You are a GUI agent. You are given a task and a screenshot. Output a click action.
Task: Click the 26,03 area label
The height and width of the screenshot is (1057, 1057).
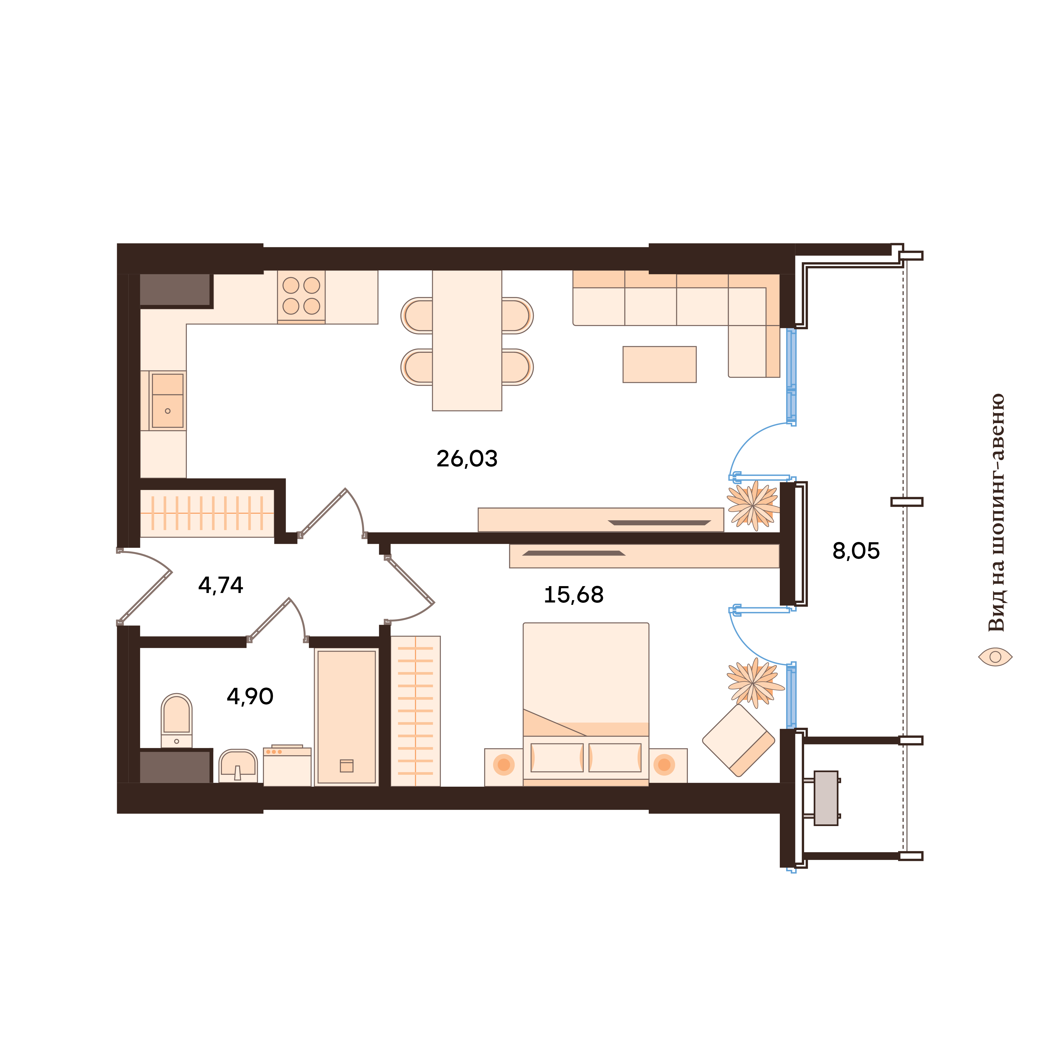[x=467, y=458]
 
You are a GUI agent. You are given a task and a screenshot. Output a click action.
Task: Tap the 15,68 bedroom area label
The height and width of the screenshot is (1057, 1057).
[x=573, y=595]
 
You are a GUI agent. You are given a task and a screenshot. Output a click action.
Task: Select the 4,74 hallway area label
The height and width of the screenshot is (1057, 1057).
[x=220, y=585]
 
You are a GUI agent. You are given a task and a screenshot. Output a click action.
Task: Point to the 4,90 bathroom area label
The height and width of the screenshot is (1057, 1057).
[x=250, y=697]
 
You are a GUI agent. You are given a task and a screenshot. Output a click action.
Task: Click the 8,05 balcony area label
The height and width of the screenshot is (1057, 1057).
[x=856, y=551]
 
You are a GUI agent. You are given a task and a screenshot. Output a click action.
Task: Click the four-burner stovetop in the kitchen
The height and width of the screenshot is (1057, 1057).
[x=301, y=296]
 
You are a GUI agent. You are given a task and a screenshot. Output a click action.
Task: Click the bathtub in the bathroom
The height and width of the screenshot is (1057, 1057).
[x=346, y=717]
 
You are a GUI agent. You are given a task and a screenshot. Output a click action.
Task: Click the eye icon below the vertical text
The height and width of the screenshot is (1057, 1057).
[x=995, y=656]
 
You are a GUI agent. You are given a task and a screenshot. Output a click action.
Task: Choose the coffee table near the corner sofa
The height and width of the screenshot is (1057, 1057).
[x=659, y=364]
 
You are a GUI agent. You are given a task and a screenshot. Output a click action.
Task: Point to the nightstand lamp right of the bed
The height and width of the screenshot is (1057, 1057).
[x=664, y=765]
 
